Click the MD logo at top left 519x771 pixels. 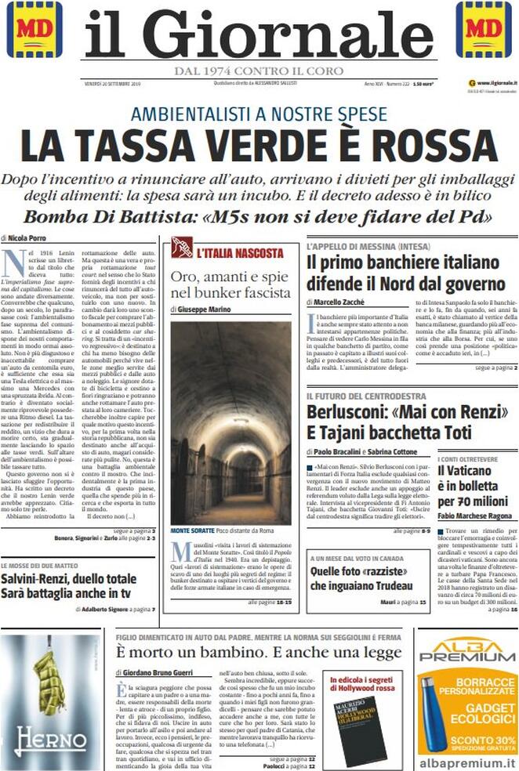(34, 29)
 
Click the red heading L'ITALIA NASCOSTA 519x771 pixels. (240, 253)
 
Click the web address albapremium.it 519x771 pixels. (467, 761)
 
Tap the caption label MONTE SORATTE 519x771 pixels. (193, 530)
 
